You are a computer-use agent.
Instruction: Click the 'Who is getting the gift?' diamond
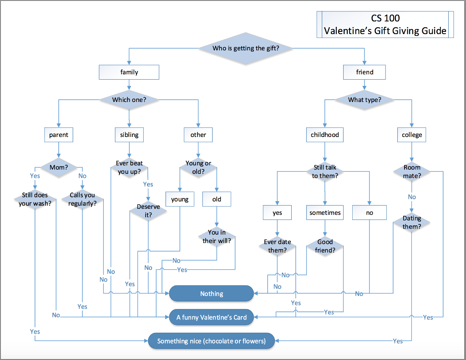click(246, 48)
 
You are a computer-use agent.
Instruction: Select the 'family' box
click(129, 72)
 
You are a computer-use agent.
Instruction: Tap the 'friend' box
click(365, 72)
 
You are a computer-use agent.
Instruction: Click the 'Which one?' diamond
click(129, 99)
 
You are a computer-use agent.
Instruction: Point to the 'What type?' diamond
click(365, 99)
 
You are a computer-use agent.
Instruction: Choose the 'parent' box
click(59, 135)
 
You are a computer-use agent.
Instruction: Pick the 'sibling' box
click(129, 135)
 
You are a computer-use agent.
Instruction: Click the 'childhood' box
click(325, 135)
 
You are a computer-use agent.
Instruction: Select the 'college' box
click(412, 135)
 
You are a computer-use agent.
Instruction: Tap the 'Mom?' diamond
click(59, 167)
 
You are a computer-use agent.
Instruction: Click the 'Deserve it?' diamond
click(148, 211)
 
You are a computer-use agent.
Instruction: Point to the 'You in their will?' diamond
click(217, 237)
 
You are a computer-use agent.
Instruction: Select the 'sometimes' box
click(325, 213)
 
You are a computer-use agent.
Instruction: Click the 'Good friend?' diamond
click(325, 246)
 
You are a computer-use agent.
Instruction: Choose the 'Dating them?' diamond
click(412, 222)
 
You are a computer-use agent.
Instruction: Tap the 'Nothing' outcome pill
click(212, 294)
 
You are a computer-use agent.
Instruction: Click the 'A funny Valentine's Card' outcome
click(212, 317)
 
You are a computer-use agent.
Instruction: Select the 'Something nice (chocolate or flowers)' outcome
click(212, 341)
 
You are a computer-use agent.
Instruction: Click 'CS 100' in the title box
click(385, 18)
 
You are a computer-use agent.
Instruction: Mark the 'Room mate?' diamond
click(412, 171)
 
